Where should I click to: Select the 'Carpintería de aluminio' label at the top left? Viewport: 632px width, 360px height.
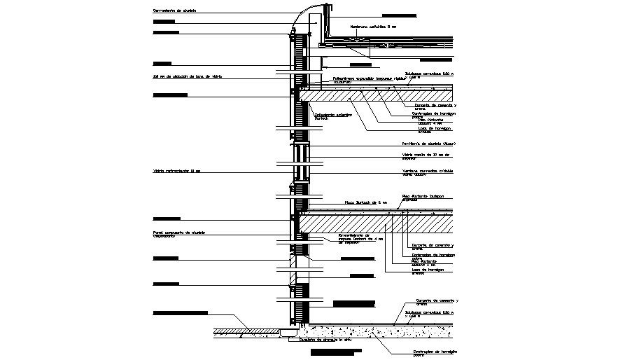(x=175, y=11)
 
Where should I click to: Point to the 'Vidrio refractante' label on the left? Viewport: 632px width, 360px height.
(x=176, y=170)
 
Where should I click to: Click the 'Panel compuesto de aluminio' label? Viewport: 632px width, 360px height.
(x=179, y=233)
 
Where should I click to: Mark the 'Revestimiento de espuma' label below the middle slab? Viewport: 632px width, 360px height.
(x=358, y=239)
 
